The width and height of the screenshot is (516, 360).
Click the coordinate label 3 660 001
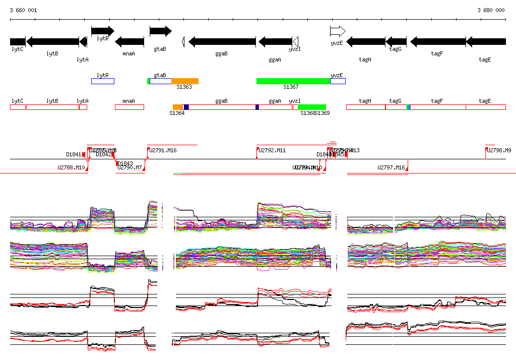[23, 10]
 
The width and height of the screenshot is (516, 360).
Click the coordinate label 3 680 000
[491, 10]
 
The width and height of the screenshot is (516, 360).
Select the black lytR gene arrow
[102, 31]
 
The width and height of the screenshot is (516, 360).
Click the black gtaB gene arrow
[161, 31]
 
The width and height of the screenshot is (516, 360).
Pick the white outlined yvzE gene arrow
[338, 31]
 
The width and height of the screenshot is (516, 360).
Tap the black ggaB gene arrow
[222, 42]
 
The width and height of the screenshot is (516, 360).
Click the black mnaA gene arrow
[130, 42]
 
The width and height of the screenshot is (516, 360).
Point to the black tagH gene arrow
[365, 42]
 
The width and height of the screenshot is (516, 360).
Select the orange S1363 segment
[185, 81]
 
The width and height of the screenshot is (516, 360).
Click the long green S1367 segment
[293, 81]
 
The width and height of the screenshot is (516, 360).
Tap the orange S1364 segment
[177, 107]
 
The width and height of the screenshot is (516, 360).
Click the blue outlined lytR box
[103, 81]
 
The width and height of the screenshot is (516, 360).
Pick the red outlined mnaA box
[130, 107]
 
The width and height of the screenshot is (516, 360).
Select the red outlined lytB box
[52, 107]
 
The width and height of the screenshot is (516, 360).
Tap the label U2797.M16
[392, 167]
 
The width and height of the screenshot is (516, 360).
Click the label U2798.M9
[499, 150]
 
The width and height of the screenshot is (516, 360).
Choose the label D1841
[74, 154]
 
